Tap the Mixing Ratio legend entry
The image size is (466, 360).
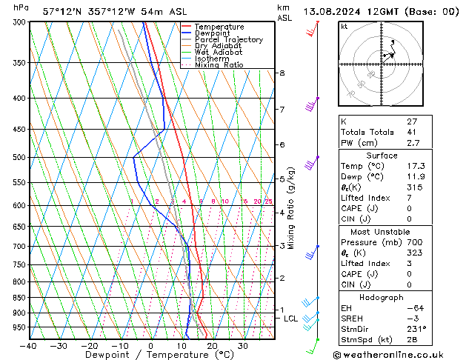pos(219,65)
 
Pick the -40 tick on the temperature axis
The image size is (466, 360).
pos(28,345)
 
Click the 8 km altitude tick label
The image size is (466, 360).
pos(282,73)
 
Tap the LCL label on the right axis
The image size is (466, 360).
pos(291,319)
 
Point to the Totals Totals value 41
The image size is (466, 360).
pos(411,132)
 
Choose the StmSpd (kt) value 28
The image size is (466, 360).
pos(412,340)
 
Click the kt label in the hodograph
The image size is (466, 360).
pos(344,26)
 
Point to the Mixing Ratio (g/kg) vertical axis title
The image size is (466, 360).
pos(291,208)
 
